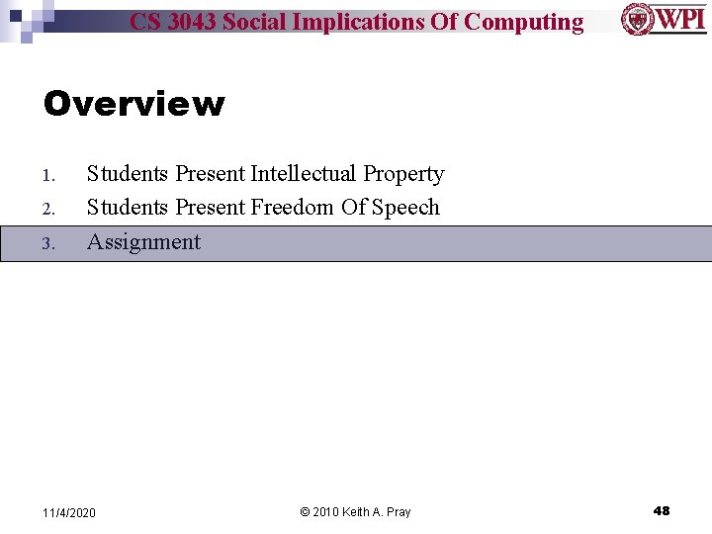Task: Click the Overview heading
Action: click(133, 104)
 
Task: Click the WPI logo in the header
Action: click(664, 19)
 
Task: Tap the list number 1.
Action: click(47, 175)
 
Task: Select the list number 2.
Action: click(47, 210)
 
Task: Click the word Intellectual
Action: click(304, 174)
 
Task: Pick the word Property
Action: click(403, 174)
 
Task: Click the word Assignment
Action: click(143, 242)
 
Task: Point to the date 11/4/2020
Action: click(69, 512)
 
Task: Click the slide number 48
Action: click(662, 510)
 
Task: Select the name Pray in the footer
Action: click(399, 512)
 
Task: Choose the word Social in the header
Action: click(259, 22)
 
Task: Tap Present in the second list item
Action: click(210, 208)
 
